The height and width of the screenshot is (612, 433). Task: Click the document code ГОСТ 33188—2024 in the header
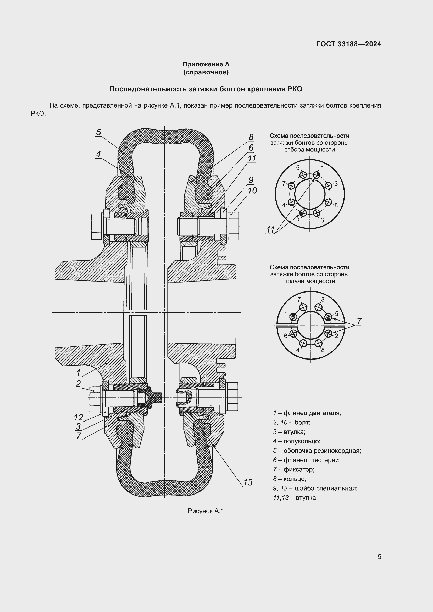(349, 44)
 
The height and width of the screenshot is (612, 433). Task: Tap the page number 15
(378, 557)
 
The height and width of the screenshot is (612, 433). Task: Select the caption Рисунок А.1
(206, 511)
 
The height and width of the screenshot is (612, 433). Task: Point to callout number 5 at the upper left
(99, 132)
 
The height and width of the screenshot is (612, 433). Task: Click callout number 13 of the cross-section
(248, 482)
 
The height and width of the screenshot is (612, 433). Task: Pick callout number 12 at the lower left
(79, 417)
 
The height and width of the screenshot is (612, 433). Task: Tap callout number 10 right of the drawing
(252, 190)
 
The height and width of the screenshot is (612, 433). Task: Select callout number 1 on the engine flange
(78, 373)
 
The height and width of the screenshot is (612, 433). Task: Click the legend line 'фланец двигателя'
(307, 413)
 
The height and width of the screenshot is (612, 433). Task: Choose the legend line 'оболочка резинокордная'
(317, 451)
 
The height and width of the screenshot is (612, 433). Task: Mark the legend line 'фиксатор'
(294, 469)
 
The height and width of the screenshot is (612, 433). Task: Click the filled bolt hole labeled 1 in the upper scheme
(317, 175)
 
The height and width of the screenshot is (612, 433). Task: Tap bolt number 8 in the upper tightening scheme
(329, 202)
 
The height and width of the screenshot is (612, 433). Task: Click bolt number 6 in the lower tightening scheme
(294, 334)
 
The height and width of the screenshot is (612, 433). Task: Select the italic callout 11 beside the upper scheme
(270, 230)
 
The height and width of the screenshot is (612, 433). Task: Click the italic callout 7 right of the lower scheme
(359, 322)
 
